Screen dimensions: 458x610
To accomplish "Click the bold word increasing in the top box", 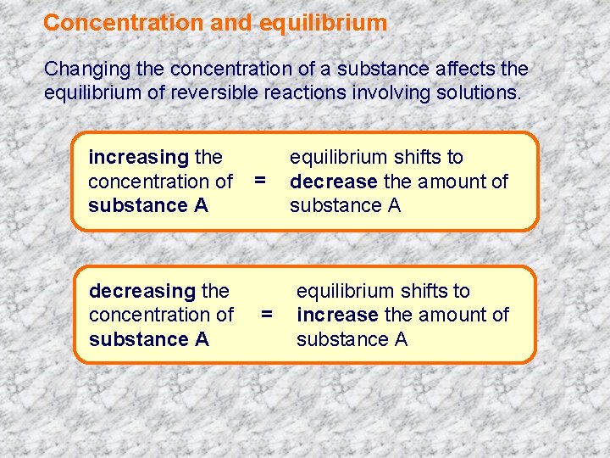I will click(138, 157).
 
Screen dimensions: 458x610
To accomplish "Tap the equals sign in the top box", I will click(260, 180).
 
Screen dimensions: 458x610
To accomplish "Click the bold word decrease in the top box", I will click(333, 181).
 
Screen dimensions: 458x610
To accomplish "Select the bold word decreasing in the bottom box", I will click(142, 291).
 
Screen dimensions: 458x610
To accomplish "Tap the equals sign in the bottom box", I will click(267, 315).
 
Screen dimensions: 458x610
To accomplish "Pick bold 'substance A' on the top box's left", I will click(148, 205).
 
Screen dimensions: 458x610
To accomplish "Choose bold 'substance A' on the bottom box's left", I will click(149, 339).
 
